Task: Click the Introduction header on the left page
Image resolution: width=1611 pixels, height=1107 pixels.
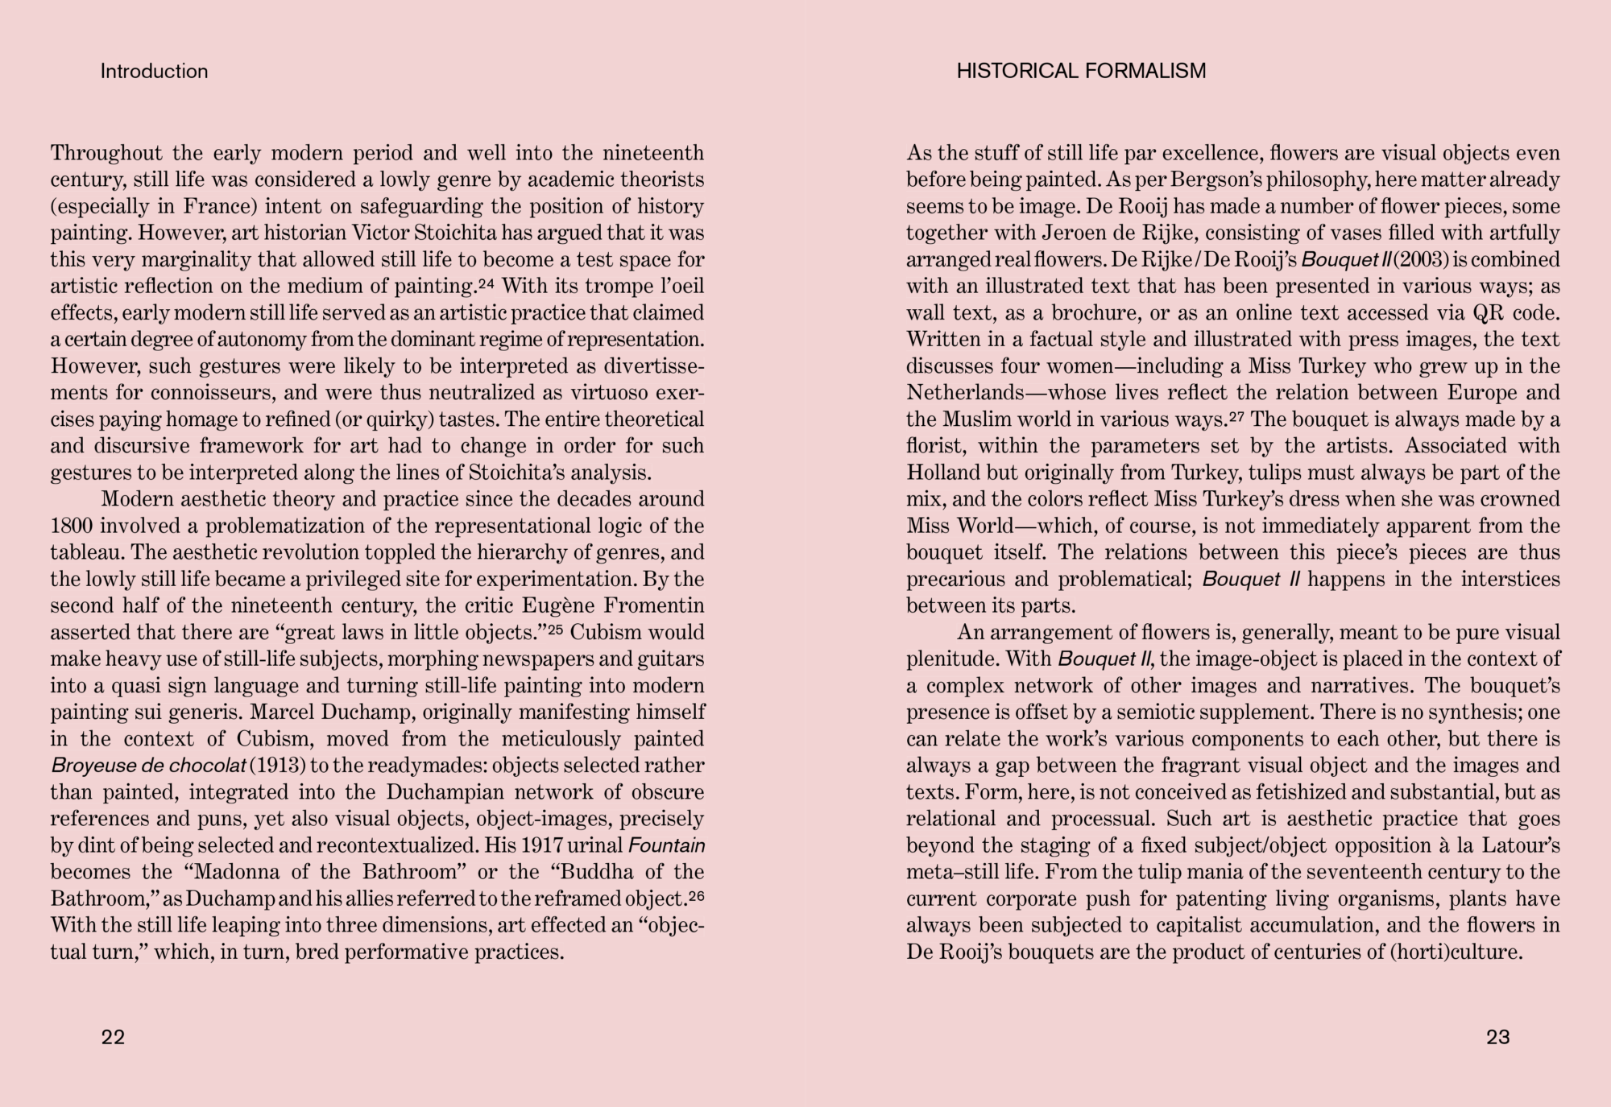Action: coord(154,71)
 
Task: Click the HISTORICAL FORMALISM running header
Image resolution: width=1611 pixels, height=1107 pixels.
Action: coord(1081,71)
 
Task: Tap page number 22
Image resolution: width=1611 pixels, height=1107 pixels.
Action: coord(114,1037)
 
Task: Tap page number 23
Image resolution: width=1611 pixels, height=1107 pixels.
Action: coord(1497,1037)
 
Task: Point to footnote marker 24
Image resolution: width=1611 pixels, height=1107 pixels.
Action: coord(487,283)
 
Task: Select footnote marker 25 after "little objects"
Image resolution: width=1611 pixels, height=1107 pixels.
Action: coord(555,629)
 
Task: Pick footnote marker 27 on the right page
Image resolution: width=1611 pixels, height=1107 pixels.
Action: coord(1236,415)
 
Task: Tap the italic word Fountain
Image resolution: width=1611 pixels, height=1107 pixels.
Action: coord(666,845)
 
